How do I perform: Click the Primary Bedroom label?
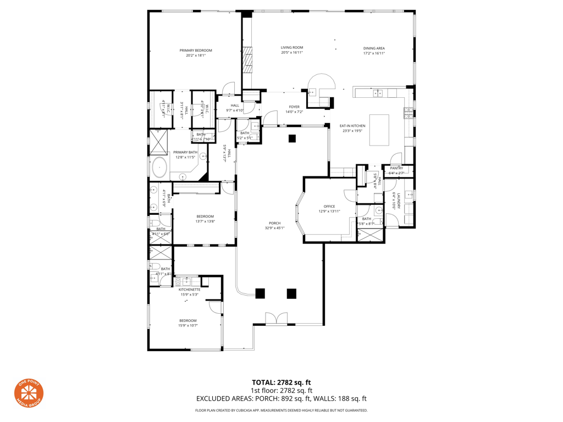pyautogui.click(x=195, y=51)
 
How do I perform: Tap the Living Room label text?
pyautogui.click(x=292, y=48)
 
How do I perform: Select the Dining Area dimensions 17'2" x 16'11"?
pyautogui.click(x=373, y=54)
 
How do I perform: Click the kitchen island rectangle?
pyautogui.click(x=379, y=129)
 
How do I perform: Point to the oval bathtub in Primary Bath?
pyautogui.click(x=159, y=167)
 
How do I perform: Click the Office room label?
pyautogui.click(x=329, y=207)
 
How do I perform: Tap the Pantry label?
pyautogui.click(x=396, y=168)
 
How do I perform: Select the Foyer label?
pyautogui.click(x=294, y=107)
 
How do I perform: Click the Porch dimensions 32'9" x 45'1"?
pyautogui.click(x=274, y=228)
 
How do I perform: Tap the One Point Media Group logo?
pyautogui.click(x=29, y=393)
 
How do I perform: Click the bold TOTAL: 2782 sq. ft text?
pyautogui.click(x=281, y=382)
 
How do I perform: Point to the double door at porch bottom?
pyautogui.click(x=276, y=318)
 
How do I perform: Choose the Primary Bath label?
pyautogui.click(x=185, y=152)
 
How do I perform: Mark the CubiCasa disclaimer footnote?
pyautogui.click(x=281, y=410)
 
